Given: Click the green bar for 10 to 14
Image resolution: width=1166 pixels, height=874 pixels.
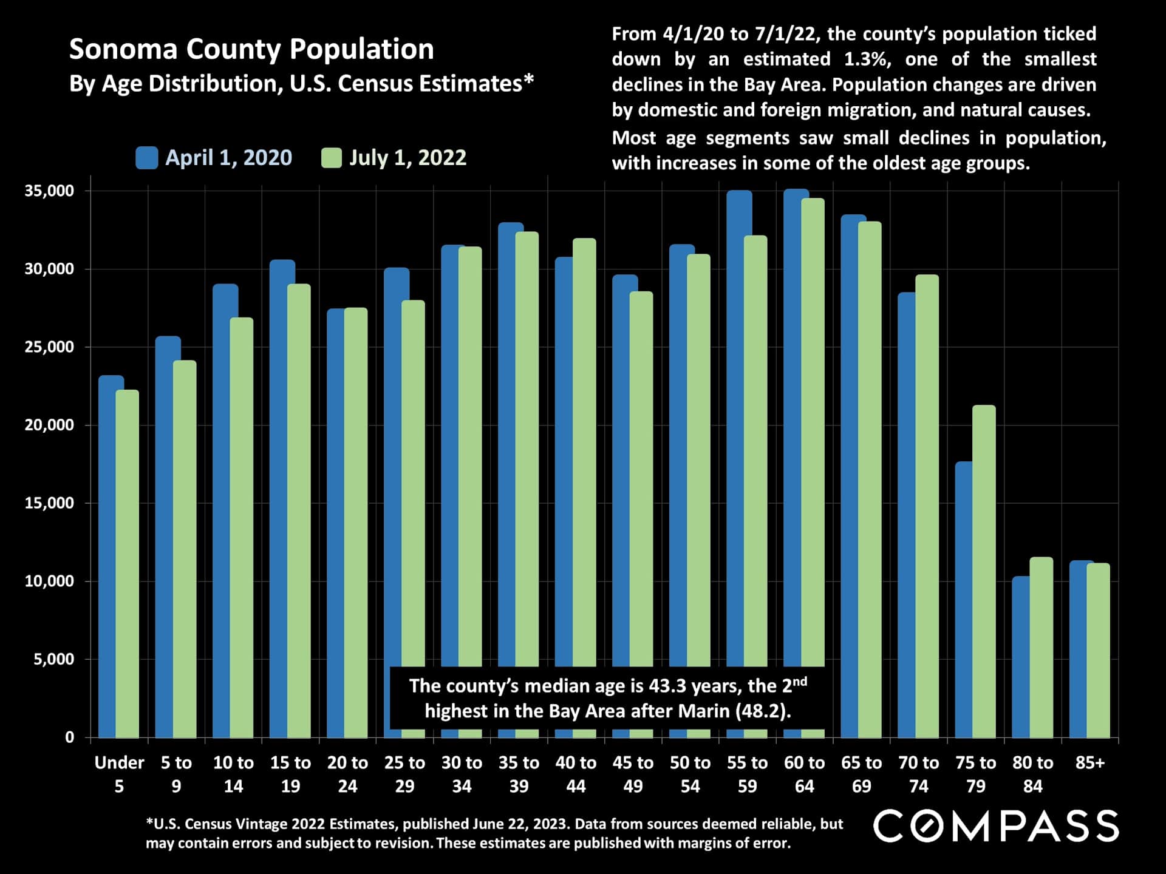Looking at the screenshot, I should pos(242,528).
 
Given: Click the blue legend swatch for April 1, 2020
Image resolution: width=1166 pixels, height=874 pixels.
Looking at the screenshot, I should pos(146,158).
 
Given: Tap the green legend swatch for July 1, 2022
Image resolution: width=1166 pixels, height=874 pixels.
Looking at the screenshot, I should pos(332,158).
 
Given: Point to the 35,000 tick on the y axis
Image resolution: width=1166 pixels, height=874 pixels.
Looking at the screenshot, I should pos(49,191).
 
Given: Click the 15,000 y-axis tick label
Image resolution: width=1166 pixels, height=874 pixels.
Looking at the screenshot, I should pos(49,503).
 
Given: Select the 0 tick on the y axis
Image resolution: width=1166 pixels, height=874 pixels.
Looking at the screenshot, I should pos(69,737).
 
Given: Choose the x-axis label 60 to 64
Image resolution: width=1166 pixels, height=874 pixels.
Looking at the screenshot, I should pos(804,774).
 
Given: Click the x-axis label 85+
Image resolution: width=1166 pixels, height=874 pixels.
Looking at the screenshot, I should pos(1089,763).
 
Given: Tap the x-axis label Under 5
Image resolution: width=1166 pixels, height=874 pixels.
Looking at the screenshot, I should pos(119,774).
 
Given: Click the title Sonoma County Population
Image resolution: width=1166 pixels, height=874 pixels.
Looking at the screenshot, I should pos(251,49).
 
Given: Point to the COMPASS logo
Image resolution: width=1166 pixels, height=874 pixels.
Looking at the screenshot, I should pos(996,826).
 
